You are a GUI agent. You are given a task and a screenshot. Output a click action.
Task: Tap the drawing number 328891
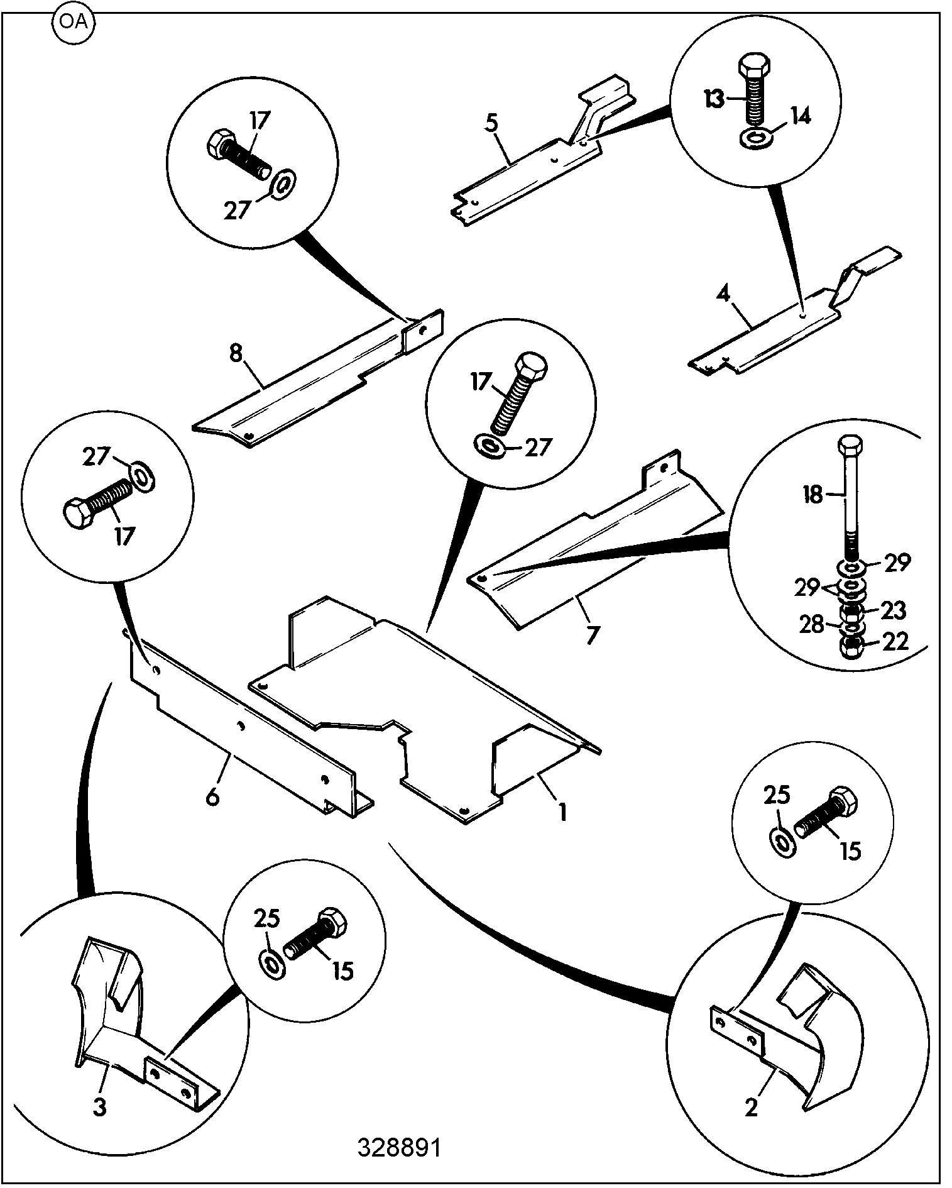coord(400,1148)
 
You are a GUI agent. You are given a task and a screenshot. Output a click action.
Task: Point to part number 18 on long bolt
coord(813,495)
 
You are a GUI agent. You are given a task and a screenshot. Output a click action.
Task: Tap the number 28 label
coord(811,624)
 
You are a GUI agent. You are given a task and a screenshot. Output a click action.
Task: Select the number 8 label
coord(235,354)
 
